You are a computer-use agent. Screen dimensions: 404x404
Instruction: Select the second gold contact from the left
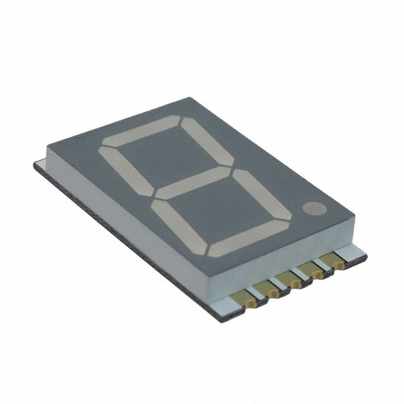pos(271,290)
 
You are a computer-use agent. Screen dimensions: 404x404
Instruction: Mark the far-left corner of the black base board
pos(34,165)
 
